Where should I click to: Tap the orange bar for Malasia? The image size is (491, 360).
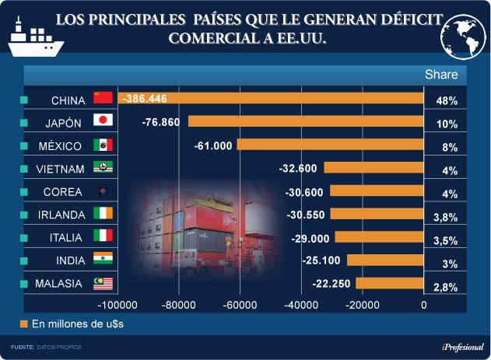click(389, 284)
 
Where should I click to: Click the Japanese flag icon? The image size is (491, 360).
click(103, 121)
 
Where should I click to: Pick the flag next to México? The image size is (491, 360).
click(103, 145)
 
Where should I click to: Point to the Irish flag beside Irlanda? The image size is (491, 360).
click(103, 214)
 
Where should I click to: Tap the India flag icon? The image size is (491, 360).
click(103, 260)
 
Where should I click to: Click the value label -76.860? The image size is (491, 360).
click(161, 122)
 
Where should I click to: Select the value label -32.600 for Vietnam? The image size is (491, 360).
click(298, 168)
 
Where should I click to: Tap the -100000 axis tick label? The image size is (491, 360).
click(119, 306)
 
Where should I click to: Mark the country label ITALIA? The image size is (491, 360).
click(66, 237)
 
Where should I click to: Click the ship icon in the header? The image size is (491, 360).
click(36, 35)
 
